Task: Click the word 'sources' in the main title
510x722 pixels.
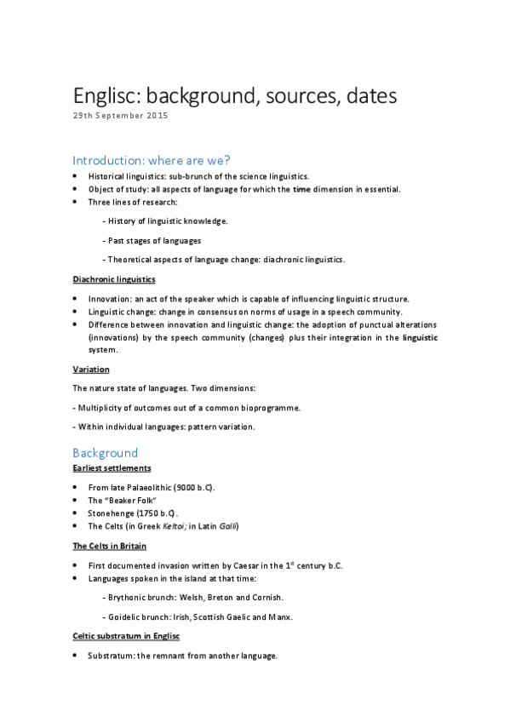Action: tap(293, 96)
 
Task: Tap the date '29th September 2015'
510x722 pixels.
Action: tap(119, 117)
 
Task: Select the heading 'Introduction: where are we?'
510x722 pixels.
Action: tap(152, 160)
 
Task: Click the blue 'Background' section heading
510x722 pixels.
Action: tap(105, 453)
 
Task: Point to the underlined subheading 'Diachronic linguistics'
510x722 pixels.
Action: tap(114, 279)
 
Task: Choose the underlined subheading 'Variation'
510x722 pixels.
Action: tap(90, 369)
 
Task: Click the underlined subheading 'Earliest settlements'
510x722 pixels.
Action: tap(112, 467)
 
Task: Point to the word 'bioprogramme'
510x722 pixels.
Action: tap(272, 408)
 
